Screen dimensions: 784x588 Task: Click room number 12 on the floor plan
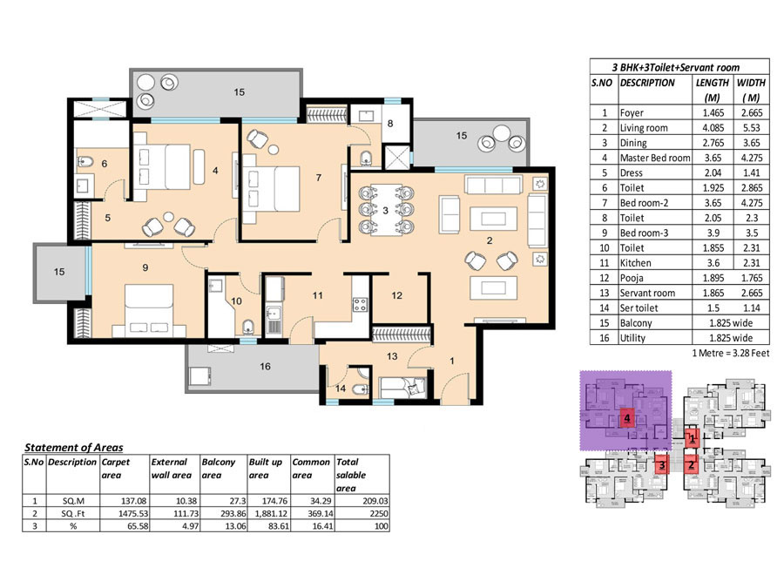pos(397,295)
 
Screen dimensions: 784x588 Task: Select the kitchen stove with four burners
pos(360,305)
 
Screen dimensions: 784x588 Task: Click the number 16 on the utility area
pos(265,367)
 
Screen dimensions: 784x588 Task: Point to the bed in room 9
pos(149,310)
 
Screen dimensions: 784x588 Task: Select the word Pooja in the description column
pos(632,278)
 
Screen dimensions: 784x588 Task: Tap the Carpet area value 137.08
pos(134,501)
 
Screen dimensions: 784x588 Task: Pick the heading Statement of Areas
pos(74,448)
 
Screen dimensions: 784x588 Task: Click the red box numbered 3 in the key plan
pos(662,464)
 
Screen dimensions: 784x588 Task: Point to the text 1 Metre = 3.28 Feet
pos(731,353)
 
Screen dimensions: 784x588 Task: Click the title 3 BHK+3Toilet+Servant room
pos(675,67)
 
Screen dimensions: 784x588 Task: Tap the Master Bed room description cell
pos(655,158)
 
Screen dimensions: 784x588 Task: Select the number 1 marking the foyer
pos(452,361)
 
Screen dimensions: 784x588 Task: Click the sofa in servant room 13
pos(404,388)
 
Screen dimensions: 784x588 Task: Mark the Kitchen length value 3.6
pos(713,263)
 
